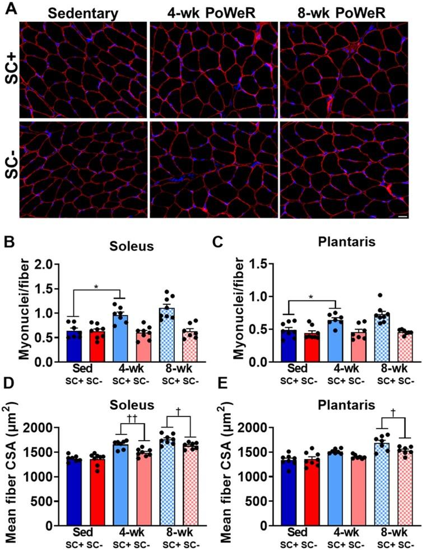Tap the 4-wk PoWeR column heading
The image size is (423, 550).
[x=213, y=12]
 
